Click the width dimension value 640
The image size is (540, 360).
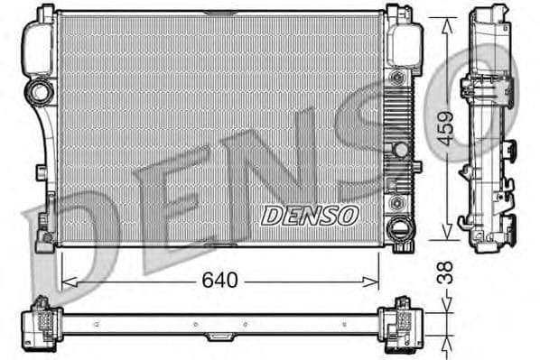tap(219, 281)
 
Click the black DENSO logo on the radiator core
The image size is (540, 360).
tap(310, 216)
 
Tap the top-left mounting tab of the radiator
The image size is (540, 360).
tap(42, 12)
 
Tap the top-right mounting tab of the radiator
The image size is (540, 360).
tap(394, 12)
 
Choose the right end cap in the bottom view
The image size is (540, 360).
tap(398, 321)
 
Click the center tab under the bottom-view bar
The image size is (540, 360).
tap(219, 337)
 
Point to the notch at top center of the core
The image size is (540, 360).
tap(219, 14)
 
